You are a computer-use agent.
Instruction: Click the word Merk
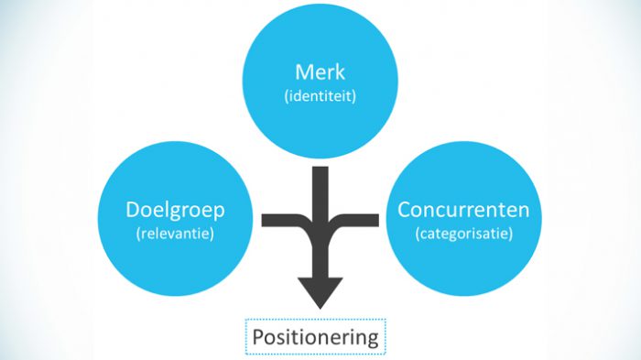coord(320,71)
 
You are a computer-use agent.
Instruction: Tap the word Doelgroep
coord(175,210)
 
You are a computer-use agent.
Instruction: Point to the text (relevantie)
coord(175,234)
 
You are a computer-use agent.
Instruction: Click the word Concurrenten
coord(463,210)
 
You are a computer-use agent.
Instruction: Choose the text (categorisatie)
coord(463,234)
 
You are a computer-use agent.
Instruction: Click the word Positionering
coord(315,336)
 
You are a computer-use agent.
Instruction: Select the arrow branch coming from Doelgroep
coord(284,220)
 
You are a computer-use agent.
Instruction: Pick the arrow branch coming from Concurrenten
coord(357,220)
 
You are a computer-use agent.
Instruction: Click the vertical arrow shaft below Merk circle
coord(320,188)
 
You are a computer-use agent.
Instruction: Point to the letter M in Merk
coord(302,71)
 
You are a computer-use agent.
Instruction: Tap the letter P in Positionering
coord(258,336)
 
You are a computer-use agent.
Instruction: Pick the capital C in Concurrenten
coord(404,210)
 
